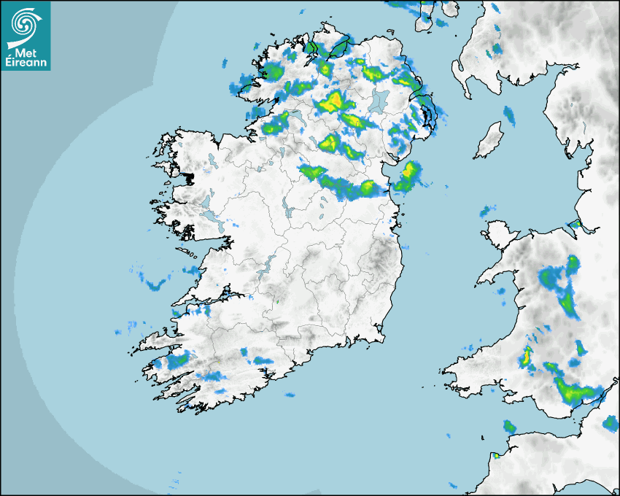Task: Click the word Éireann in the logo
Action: tap(26, 62)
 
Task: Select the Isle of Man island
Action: tap(489, 141)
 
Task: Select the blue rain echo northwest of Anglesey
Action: tap(486, 211)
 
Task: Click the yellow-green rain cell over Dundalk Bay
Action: tap(408, 176)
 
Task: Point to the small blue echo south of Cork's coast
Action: tap(290, 395)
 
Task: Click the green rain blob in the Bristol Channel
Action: tap(508, 426)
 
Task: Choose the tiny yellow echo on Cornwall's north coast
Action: tap(495, 455)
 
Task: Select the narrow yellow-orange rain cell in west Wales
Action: tap(525, 357)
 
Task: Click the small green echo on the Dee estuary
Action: tap(575, 224)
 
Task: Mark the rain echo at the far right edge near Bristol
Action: tap(611, 422)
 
